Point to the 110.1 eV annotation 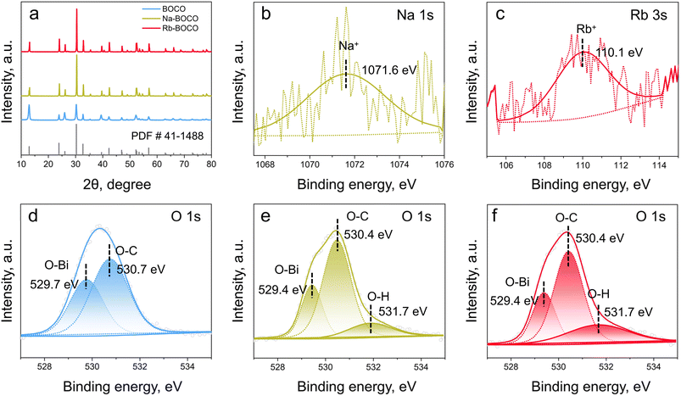click(x=618, y=53)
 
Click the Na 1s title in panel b click(x=421, y=17)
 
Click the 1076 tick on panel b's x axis click(x=444, y=166)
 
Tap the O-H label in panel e click(x=378, y=297)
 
